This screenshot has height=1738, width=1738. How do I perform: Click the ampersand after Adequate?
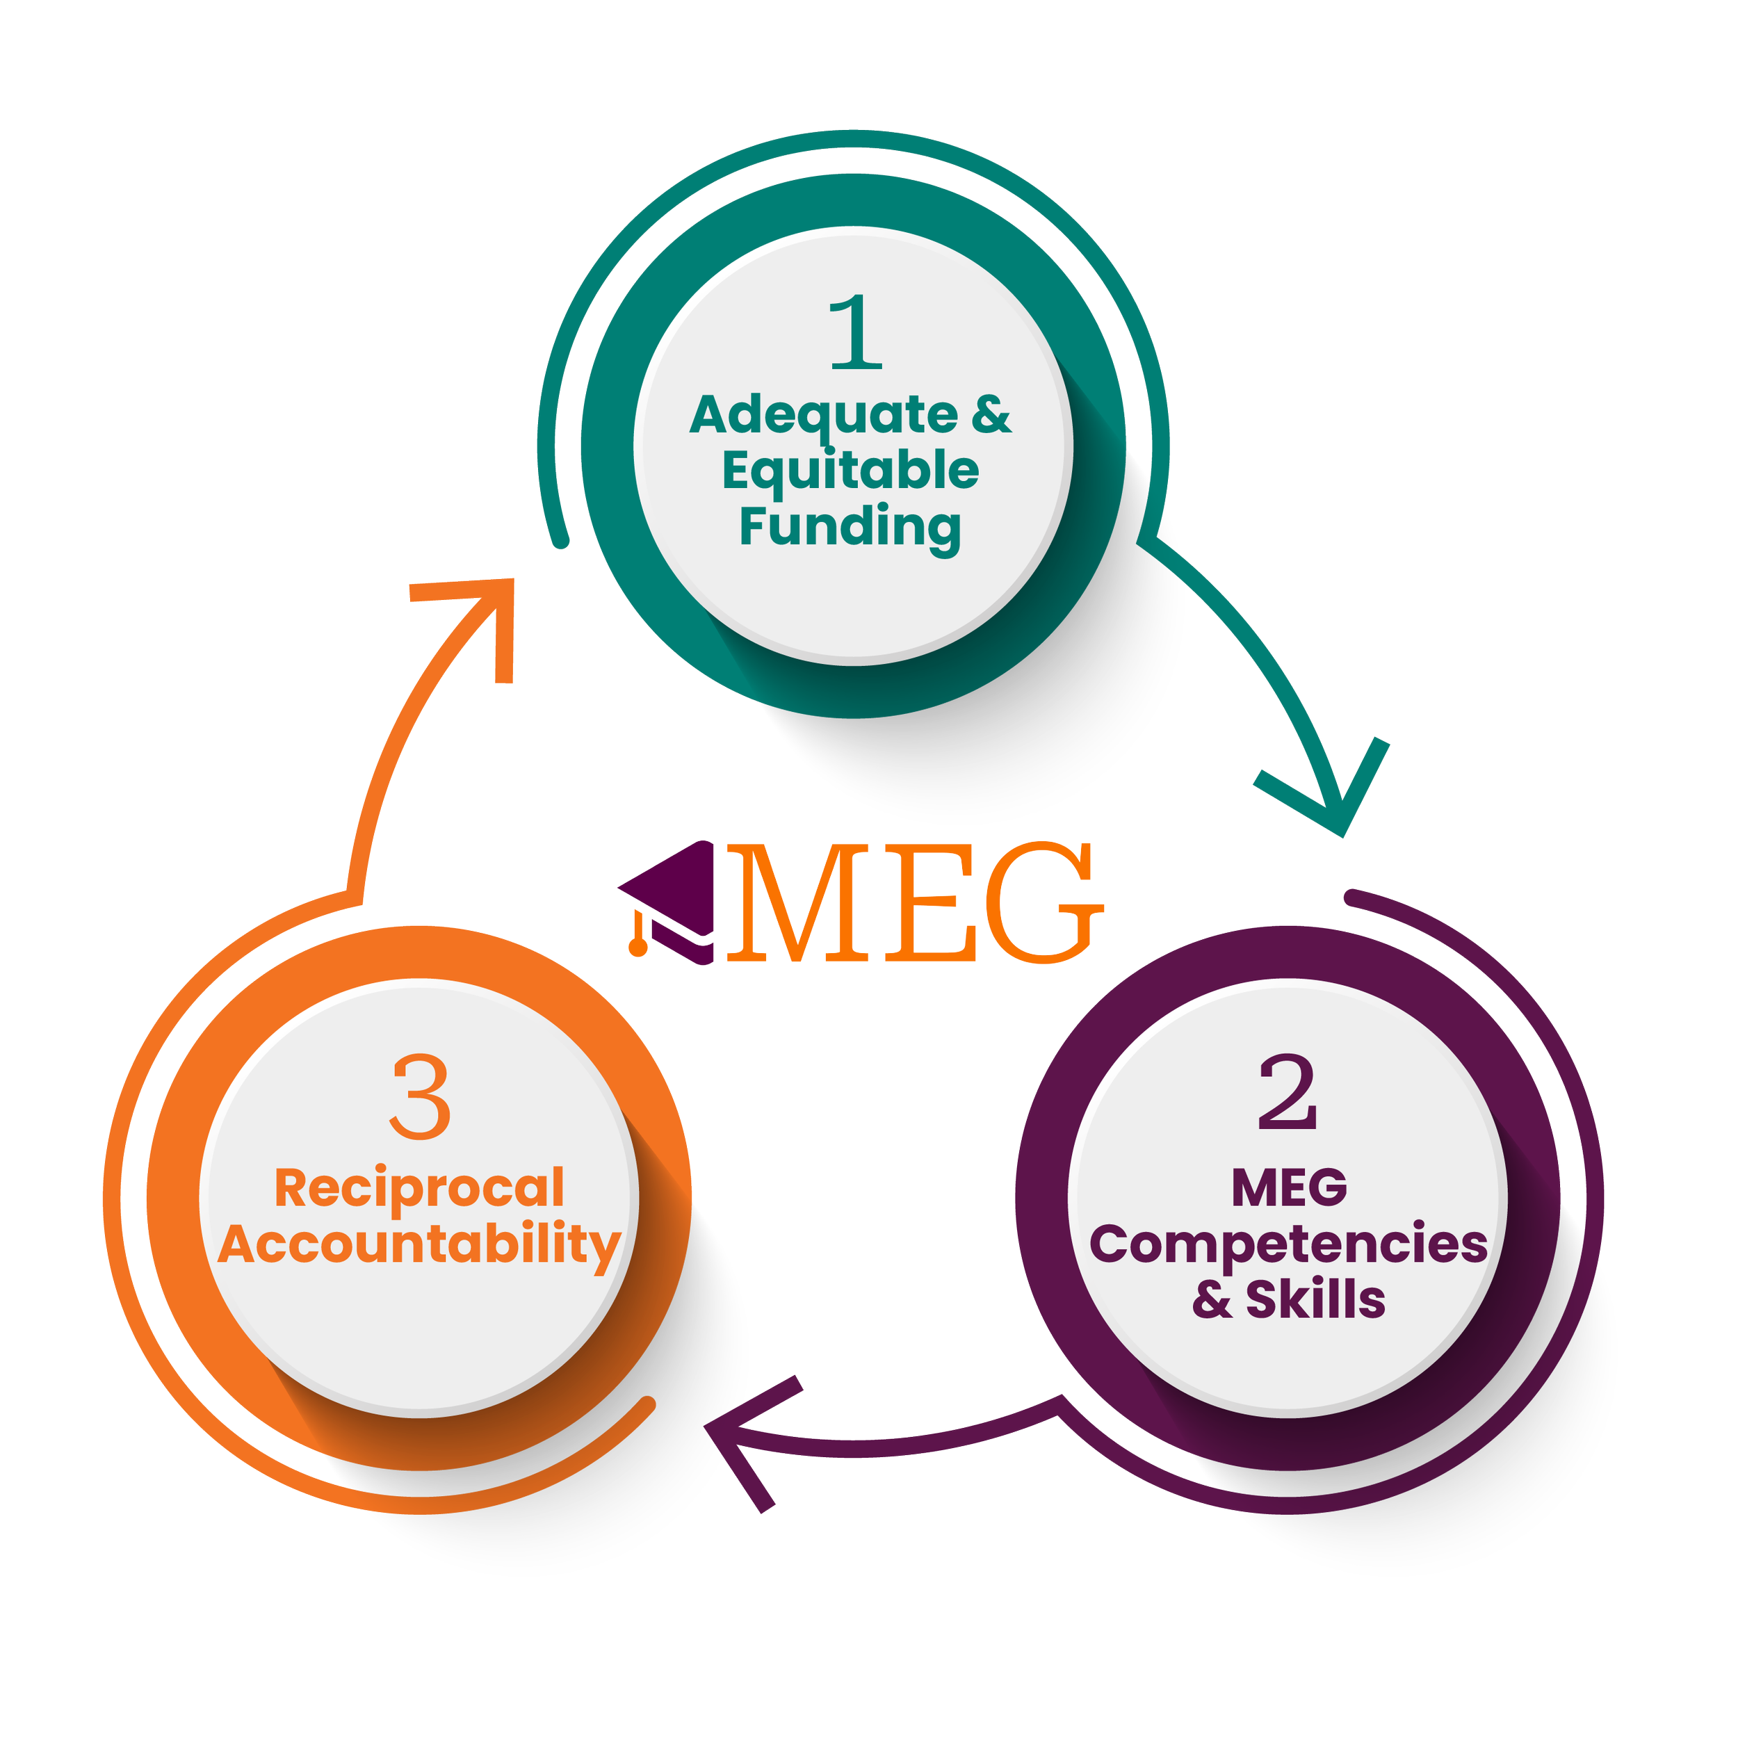(991, 416)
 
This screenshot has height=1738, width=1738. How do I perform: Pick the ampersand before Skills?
(1212, 1301)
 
